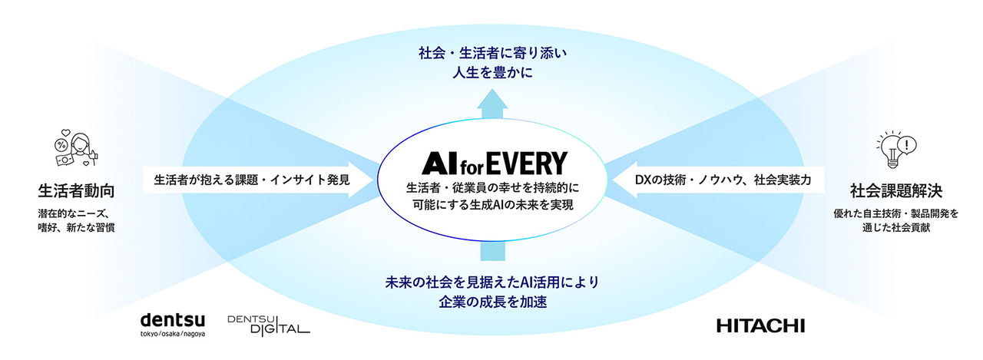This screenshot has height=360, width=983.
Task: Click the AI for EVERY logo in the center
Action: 494,163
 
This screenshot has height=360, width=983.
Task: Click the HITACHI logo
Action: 760,325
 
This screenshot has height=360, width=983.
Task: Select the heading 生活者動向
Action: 77,190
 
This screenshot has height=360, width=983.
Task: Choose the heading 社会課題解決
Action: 895,190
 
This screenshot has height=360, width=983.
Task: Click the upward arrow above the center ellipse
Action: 491,103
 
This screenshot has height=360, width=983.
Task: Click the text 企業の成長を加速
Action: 491,302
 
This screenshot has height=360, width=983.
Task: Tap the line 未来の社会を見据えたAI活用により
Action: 491,282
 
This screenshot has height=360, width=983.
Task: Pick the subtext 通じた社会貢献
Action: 895,229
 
